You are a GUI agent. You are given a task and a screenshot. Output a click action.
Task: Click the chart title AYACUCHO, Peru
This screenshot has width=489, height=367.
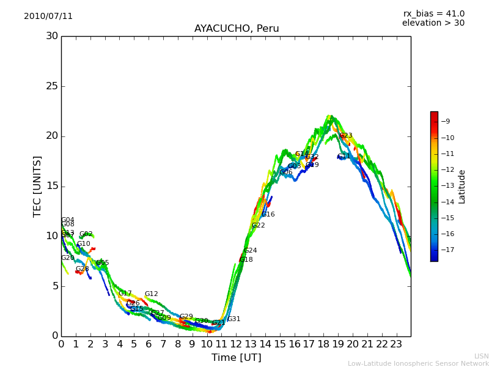(237, 29)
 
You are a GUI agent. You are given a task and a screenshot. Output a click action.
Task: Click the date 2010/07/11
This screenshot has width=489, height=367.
(48, 16)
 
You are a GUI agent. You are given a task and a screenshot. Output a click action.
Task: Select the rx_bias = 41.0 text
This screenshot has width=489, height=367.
(433, 13)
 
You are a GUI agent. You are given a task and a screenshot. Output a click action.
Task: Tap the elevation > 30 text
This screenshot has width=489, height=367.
(433, 23)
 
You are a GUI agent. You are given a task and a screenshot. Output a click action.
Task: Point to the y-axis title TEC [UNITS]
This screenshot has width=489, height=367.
(37, 186)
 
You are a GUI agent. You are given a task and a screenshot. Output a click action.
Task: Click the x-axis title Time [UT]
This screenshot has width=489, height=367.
(236, 358)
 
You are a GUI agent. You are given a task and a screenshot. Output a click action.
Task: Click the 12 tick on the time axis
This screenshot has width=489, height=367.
(236, 344)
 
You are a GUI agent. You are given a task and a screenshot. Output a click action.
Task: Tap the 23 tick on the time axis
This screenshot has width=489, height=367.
(396, 344)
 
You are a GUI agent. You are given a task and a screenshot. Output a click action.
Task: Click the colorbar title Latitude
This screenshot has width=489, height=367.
(462, 187)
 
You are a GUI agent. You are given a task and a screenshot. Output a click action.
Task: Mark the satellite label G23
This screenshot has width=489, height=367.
(346, 136)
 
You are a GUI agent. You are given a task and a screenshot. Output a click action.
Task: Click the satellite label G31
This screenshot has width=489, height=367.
(233, 319)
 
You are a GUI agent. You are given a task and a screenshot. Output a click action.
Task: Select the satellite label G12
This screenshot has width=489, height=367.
(151, 294)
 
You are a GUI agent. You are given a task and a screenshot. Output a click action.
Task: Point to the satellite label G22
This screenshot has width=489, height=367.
(259, 226)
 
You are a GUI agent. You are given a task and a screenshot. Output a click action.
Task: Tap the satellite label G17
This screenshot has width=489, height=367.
(125, 294)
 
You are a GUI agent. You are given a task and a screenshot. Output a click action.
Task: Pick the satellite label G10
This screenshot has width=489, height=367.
(83, 244)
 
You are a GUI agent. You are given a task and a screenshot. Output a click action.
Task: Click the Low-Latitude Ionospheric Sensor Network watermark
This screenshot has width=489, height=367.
(418, 363)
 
